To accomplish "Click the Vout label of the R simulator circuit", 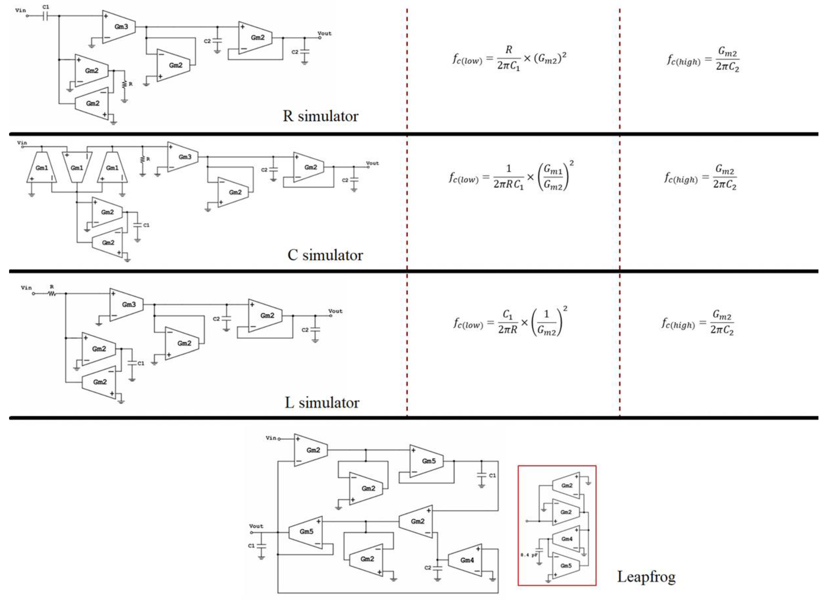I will coord(324,33).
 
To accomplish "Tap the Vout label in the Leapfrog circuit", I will coord(256,526).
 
